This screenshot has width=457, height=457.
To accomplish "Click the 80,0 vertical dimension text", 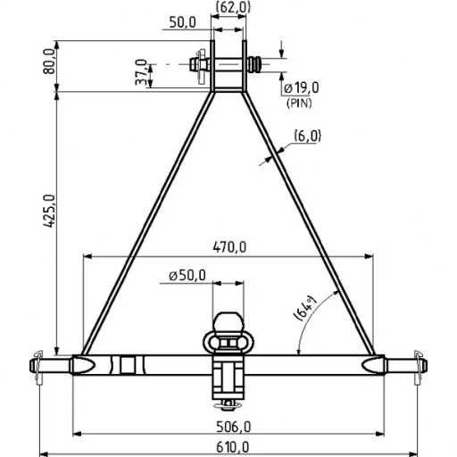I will [x=47, y=64].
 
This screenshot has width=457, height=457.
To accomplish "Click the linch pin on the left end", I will [x=37, y=366].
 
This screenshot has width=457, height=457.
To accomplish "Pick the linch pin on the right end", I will [x=420, y=366].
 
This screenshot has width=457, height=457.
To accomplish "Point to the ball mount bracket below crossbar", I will [x=228, y=380].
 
